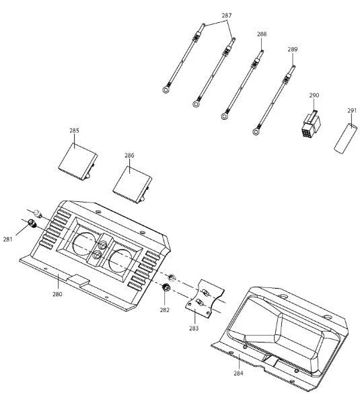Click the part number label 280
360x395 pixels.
pyautogui.click(x=57, y=294)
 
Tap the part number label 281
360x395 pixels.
pyautogui.click(x=7, y=239)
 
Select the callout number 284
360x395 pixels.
pyautogui.click(x=238, y=373)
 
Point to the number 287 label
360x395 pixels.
pyautogui.click(x=227, y=15)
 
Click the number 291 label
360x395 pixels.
pyautogui.click(x=352, y=110)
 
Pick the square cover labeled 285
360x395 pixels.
pyautogui.click(x=78, y=161)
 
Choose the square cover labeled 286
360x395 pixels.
pyautogui.click(x=133, y=185)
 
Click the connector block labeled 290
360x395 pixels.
pyautogui.click(x=311, y=124)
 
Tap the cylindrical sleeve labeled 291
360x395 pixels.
pyautogui.click(x=345, y=139)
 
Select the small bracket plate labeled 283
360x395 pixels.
pyautogui.click(x=205, y=299)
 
